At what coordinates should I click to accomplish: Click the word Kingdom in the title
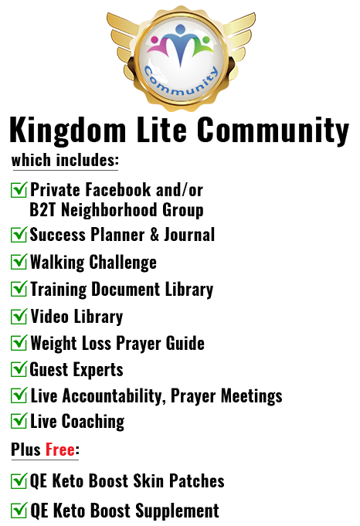pyautogui.click(x=68, y=131)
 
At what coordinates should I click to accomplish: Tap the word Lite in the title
pyautogui.click(x=162, y=129)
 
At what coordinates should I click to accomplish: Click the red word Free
pyautogui.click(x=60, y=450)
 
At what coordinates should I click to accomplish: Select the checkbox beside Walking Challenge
pyautogui.click(x=19, y=262)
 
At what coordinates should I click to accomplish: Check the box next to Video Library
pyautogui.click(x=19, y=316)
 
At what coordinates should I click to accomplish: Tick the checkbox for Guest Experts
pyautogui.click(x=19, y=368)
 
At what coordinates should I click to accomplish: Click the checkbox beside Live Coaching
pyautogui.click(x=19, y=421)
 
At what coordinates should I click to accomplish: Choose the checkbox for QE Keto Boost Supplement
pyautogui.click(x=19, y=511)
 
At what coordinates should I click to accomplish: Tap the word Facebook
pyautogui.click(x=118, y=189)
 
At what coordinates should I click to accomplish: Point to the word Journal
pyautogui.click(x=189, y=235)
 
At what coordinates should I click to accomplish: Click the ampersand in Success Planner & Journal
pyautogui.click(x=155, y=235)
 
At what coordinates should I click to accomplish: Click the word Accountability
pyautogui.click(x=114, y=396)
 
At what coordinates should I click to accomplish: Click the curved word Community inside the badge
pyautogui.click(x=181, y=84)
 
